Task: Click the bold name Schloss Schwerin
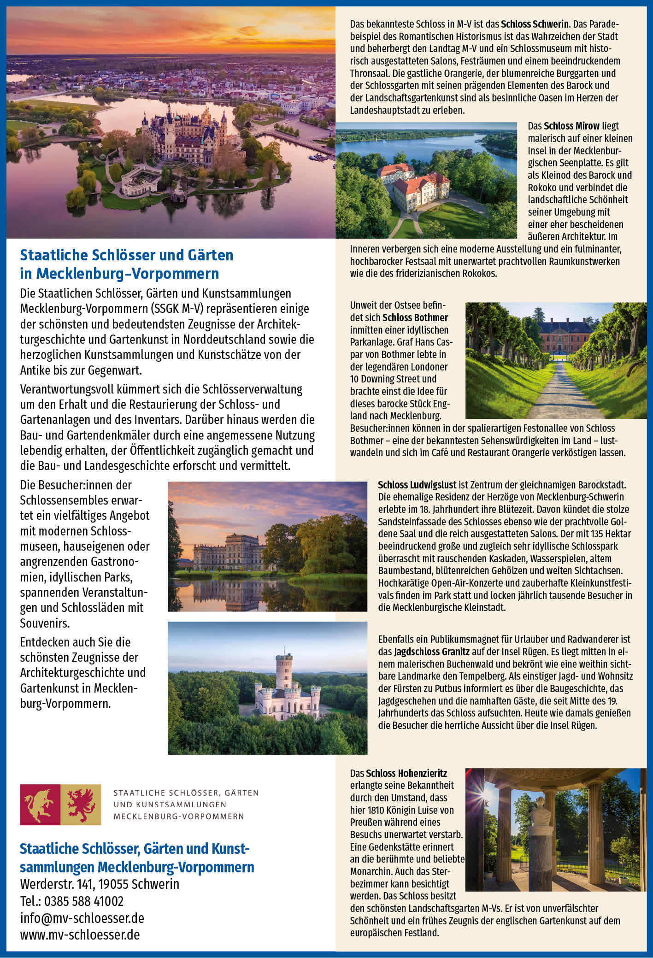click(535, 24)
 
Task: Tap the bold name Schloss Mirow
click(571, 126)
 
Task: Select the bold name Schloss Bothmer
click(415, 317)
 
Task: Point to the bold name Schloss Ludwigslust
click(417, 485)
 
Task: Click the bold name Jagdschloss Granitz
click(432, 652)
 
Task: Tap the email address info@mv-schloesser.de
click(82, 918)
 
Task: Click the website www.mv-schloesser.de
click(80, 934)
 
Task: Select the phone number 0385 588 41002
click(84, 901)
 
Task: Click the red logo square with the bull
click(40, 805)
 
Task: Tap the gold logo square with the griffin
click(81, 805)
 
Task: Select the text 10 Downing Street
click(393, 379)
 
